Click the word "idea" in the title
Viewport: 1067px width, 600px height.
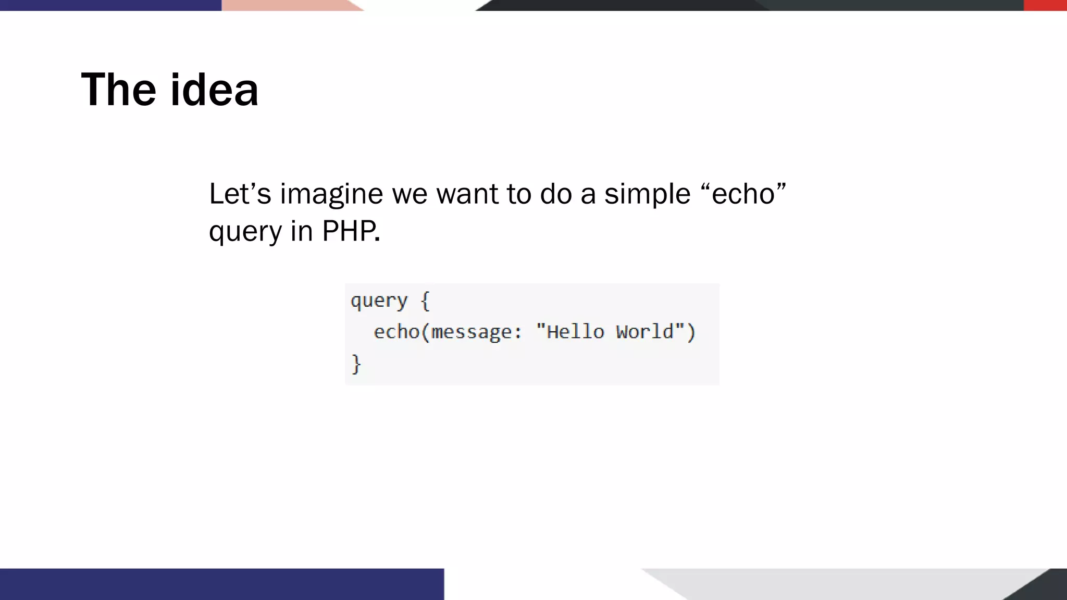tap(214, 90)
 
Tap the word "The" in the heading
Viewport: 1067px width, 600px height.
tap(118, 90)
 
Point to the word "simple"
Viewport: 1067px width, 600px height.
tap(647, 194)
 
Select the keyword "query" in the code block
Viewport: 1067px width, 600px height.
tap(379, 301)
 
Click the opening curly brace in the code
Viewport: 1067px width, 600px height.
tap(425, 301)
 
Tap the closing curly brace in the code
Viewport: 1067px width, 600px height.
tap(356, 364)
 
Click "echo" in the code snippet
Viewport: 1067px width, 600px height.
tap(396, 332)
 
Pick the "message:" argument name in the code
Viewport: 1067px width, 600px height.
tap(476, 332)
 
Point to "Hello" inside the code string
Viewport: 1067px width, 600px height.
tap(576, 332)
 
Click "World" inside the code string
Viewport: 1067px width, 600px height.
tap(645, 332)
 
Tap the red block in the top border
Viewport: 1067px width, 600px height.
tap(1045, 5)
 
